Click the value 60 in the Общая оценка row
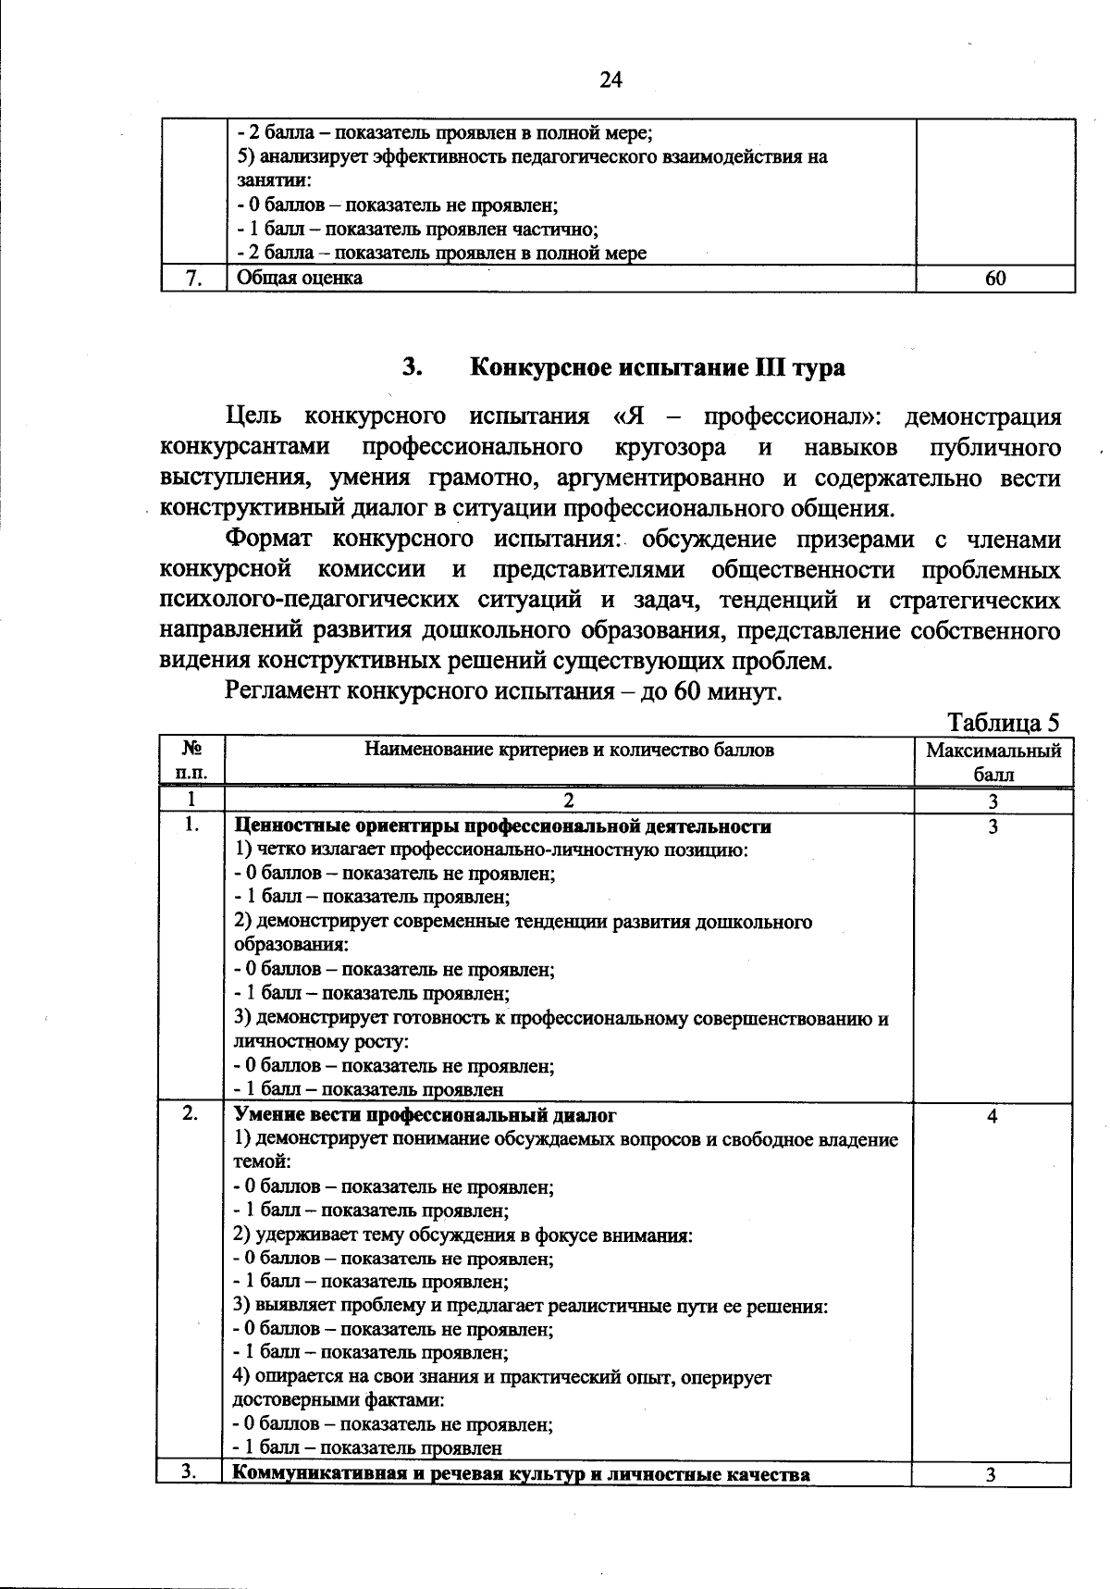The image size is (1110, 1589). [x=994, y=279]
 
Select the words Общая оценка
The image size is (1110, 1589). [x=300, y=278]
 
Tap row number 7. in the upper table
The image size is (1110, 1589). [x=193, y=279]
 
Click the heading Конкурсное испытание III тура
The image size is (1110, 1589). [x=658, y=367]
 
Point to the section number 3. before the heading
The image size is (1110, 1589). [x=413, y=367]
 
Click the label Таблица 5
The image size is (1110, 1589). [x=1003, y=722]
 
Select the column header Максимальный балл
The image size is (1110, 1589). [x=993, y=762]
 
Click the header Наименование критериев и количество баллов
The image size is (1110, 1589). [x=569, y=751]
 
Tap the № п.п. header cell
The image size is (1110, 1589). [x=191, y=761]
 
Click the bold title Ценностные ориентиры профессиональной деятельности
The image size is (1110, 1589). [x=503, y=826]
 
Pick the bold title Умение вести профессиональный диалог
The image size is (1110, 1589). [x=425, y=1115]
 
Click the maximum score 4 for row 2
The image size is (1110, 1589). [x=992, y=1116]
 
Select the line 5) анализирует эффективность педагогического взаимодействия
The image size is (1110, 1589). [x=532, y=156]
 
